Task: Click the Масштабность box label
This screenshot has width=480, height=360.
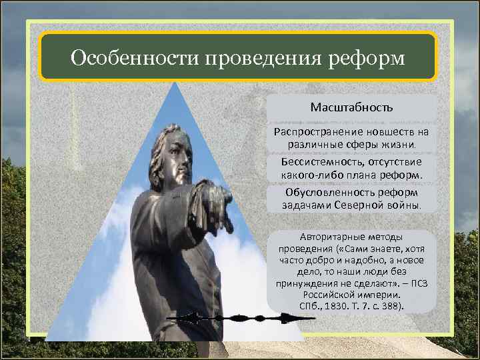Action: click(x=351, y=107)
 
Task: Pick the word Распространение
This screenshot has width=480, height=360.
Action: click(x=314, y=132)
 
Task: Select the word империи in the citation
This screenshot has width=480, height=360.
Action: click(x=381, y=294)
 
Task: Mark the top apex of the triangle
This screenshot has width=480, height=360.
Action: click(x=175, y=83)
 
